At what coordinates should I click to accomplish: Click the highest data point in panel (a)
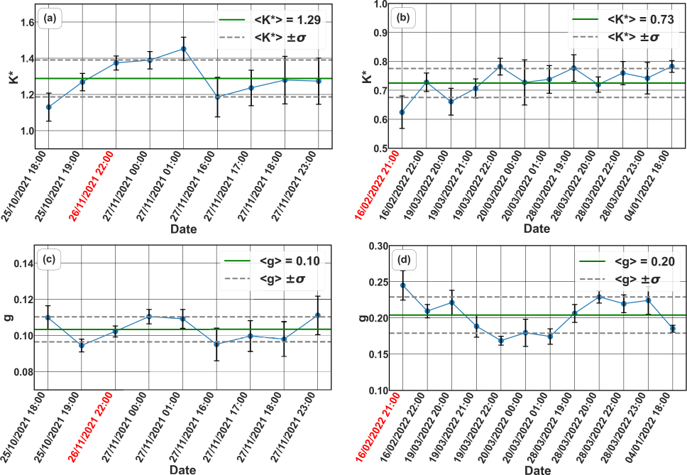click(x=184, y=49)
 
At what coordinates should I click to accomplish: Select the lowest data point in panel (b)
click(x=402, y=112)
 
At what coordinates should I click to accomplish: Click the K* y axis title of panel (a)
click(x=11, y=77)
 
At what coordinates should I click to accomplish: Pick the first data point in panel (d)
click(x=402, y=285)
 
